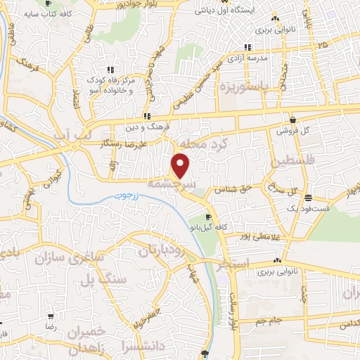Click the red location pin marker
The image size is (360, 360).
tap(181, 165)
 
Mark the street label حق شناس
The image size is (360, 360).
tap(233, 189)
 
